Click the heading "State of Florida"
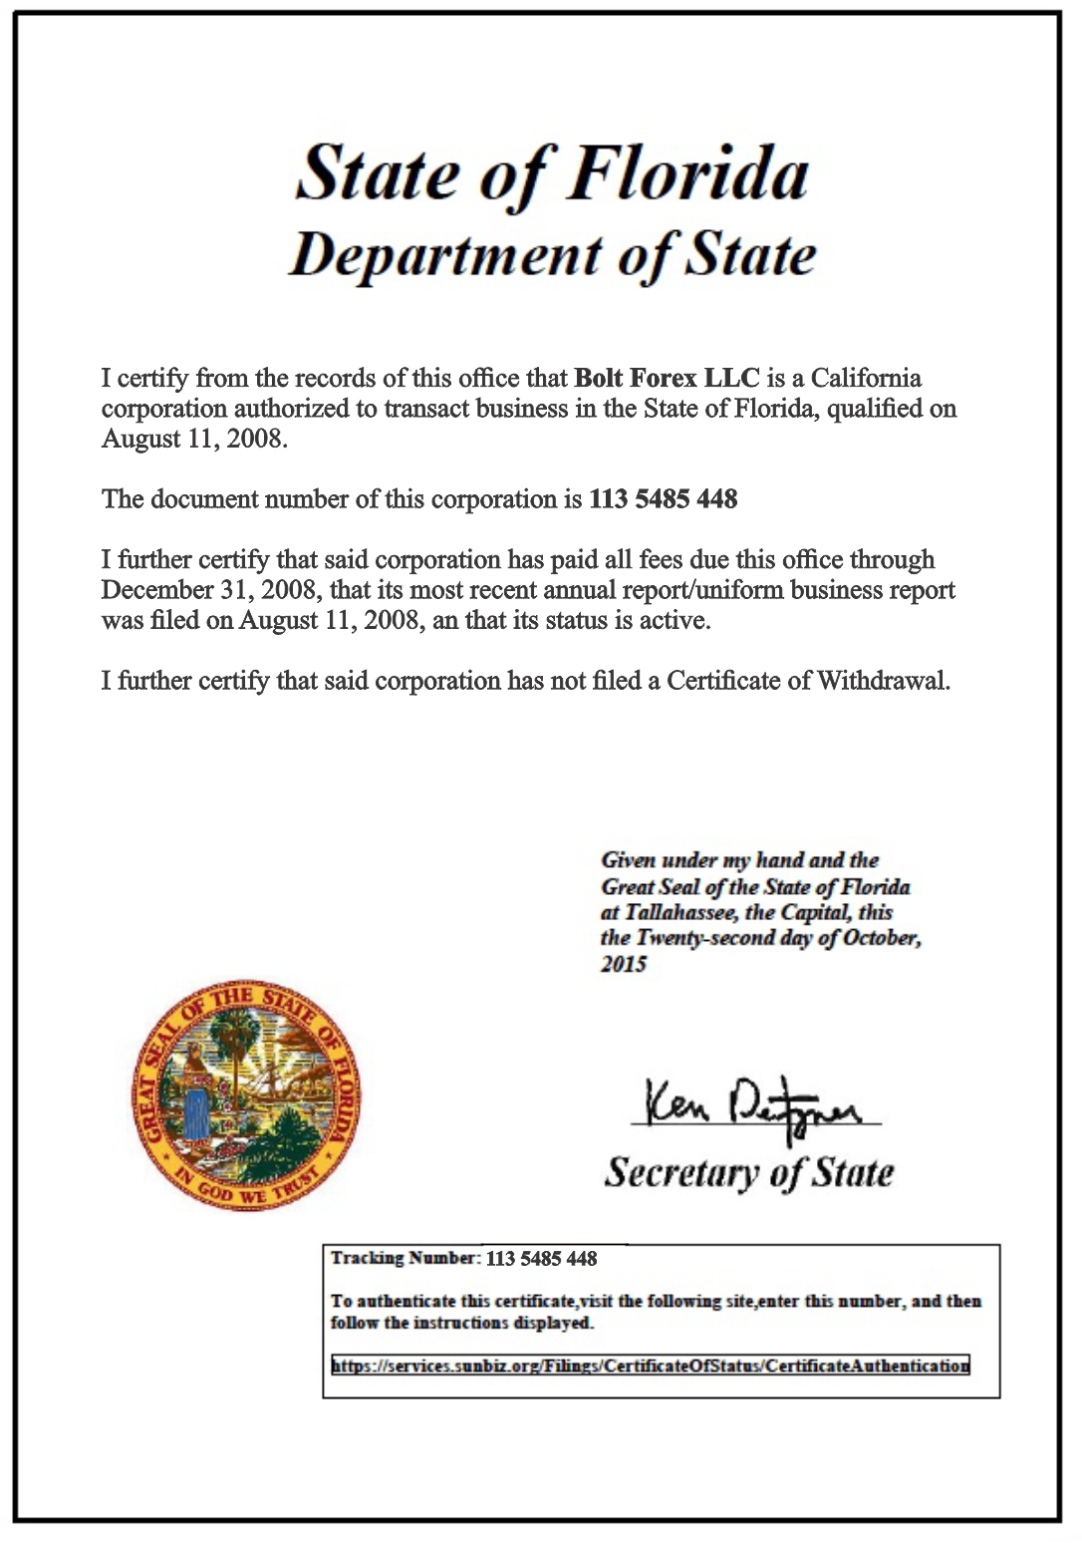coord(552,174)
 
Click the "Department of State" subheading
coord(552,256)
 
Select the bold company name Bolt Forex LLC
coord(667,379)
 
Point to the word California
coord(866,379)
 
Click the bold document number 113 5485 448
coord(663,499)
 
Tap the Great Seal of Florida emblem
coord(247,1094)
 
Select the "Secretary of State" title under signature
coord(749,1172)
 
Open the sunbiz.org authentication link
coord(650,1366)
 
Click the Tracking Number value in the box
coord(541,1259)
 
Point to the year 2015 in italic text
coord(624,964)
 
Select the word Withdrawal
coord(883,681)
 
